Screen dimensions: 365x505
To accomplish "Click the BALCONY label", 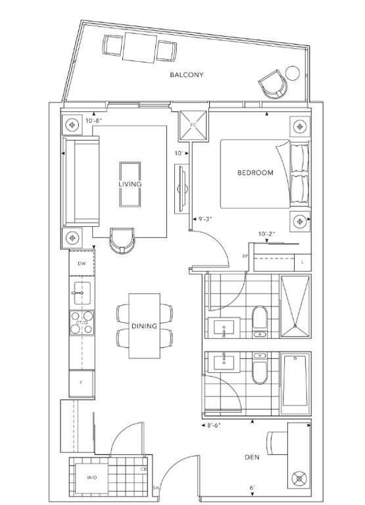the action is point(187,75).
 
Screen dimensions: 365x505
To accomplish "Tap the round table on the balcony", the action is point(293,73).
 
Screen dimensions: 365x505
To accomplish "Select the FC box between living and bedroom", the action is point(193,126).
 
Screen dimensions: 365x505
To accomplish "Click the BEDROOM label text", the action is point(255,173).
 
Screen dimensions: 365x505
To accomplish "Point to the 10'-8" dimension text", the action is point(94,120).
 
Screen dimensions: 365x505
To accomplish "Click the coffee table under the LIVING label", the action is point(130,184).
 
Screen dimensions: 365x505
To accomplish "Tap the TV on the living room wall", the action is point(182,189).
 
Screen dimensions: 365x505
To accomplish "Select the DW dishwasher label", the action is point(82,264).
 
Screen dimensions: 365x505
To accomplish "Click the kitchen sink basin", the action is point(82,293).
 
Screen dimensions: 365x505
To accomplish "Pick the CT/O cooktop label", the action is point(82,323).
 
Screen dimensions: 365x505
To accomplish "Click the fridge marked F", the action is point(82,383).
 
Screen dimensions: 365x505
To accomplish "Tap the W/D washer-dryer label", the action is point(92,478).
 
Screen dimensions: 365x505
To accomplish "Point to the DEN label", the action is point(253,458).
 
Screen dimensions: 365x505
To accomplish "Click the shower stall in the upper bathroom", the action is point(295,306).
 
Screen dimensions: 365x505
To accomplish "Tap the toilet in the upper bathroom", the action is point(260,322).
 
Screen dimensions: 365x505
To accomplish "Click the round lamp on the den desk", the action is point(299,479).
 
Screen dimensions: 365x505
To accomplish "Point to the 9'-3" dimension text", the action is point(205,219).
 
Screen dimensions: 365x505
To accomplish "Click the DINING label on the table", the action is point(144,326).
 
